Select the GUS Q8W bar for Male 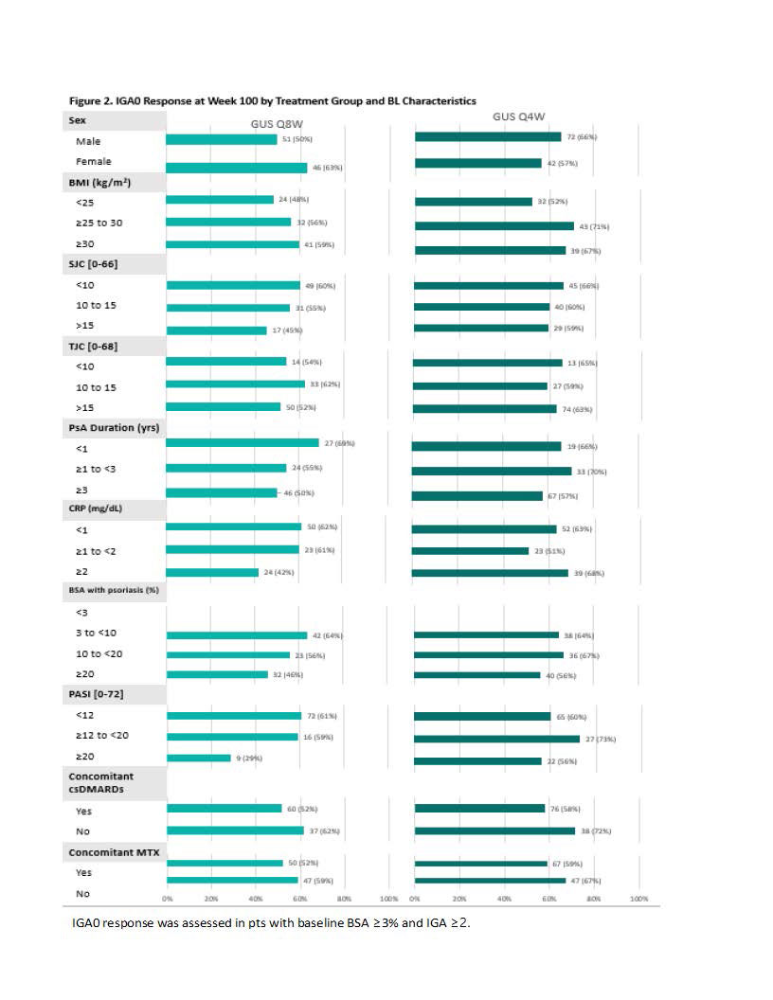click(x=222, y=139)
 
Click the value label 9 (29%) click(x=250, y=759)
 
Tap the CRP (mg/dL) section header click(x=96, y=509)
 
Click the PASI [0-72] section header click(x=96, y=695)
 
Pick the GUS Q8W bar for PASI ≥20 click(x=199, y=758)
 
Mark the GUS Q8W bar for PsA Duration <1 click(x=243, y=443)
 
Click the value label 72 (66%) click(x=582, y=137)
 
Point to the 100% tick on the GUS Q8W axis click(x=388, y=898)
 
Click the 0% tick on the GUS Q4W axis click(x=414, y=898)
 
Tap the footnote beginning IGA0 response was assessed click(x=271, y=923)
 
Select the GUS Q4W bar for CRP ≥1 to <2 click(x=470, y=550)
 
